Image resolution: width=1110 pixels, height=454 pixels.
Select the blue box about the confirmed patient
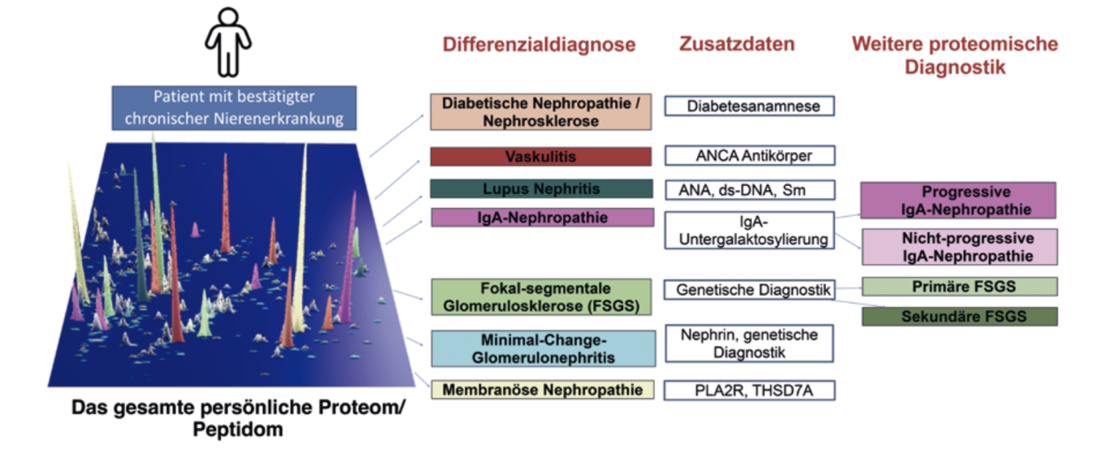point(234,107)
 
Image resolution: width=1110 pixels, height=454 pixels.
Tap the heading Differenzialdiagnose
point(539,45)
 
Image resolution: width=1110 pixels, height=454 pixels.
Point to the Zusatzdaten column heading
point(736,45)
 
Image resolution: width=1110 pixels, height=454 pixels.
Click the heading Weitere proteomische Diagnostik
point(955,54)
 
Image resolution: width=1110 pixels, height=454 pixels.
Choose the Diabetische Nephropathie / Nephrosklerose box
point(540,112)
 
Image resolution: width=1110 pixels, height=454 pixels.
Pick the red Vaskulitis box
point(540,156)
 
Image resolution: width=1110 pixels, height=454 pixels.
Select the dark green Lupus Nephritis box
point(540,188)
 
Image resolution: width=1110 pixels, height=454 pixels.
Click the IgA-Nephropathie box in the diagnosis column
point(540,218)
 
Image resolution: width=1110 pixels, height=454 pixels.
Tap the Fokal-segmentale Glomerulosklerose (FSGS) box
point(540,297)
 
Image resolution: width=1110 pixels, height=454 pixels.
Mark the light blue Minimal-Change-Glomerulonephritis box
point(540,348)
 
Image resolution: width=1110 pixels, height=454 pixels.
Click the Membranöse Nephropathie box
point(542,390)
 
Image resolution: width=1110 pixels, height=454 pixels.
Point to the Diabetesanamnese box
point(749,106)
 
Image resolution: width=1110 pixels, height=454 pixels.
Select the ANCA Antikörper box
point(749,155)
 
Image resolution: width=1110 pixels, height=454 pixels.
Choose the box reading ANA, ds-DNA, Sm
point(749,189)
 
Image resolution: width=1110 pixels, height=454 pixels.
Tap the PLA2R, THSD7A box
point(749,391)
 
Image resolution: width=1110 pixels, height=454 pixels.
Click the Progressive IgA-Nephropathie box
point(959,201)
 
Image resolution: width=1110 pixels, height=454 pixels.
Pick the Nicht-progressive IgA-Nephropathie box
point(959,247)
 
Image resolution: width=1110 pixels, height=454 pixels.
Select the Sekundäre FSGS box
point(959,316)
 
